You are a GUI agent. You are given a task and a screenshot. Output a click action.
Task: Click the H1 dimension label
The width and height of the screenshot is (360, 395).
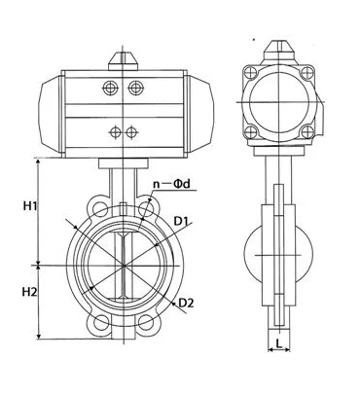30,205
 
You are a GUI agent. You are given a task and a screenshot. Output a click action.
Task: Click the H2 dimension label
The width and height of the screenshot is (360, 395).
30,292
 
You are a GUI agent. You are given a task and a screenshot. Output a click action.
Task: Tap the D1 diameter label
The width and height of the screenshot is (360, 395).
181,221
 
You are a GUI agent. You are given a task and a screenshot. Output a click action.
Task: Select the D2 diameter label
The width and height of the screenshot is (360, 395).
186,304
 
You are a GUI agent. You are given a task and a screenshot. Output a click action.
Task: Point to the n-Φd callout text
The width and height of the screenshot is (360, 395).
171,184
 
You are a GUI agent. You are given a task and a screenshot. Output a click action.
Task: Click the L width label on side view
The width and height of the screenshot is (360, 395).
278,342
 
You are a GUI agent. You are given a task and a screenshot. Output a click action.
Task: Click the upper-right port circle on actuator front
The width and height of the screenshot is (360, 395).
135,88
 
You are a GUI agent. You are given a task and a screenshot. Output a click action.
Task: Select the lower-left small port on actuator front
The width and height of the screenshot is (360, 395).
115,132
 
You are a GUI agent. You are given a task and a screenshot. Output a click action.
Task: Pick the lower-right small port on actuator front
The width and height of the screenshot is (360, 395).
131,132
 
